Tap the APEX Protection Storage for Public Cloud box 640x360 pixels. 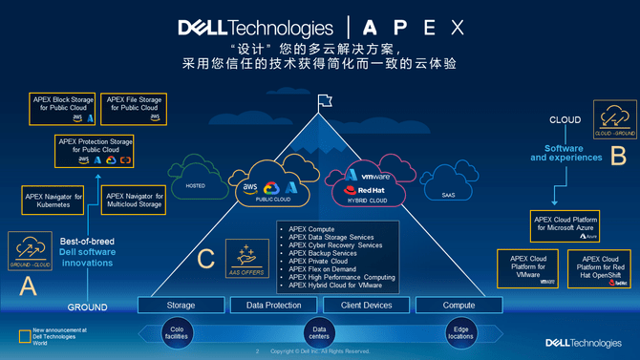click(96, 151)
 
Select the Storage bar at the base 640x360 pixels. click(181, 306)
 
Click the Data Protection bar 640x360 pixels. click(274, 306)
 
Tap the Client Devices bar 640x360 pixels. click(365, 306)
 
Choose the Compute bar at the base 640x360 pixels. click(459, 306)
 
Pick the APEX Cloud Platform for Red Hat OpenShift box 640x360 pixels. click(598, 269)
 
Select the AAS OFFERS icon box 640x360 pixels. click(246, 259)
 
